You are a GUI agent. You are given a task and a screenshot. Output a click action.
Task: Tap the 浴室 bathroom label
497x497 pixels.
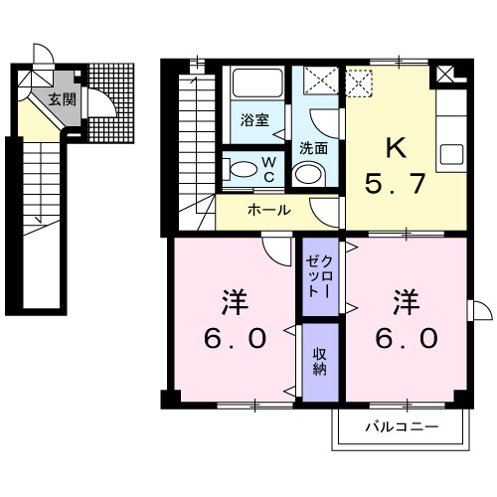click(x=253, y=120)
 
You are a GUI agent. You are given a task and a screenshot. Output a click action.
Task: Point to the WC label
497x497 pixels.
click(x=268, y=168)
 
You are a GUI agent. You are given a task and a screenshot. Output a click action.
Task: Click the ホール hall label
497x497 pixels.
click(x=268, y=211)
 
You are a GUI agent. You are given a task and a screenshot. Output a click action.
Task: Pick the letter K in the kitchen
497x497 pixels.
click(x=396, y=148)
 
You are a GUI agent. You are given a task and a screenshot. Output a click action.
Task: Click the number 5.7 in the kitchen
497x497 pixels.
click(x=397, y=185)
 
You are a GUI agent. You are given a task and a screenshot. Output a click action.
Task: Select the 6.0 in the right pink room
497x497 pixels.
click(x=406, y=339)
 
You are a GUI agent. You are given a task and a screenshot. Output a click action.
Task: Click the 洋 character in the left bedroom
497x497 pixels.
click(x=235, y=299)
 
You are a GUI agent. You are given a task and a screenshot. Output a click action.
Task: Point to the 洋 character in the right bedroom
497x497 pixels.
click(x=405, y=299)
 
